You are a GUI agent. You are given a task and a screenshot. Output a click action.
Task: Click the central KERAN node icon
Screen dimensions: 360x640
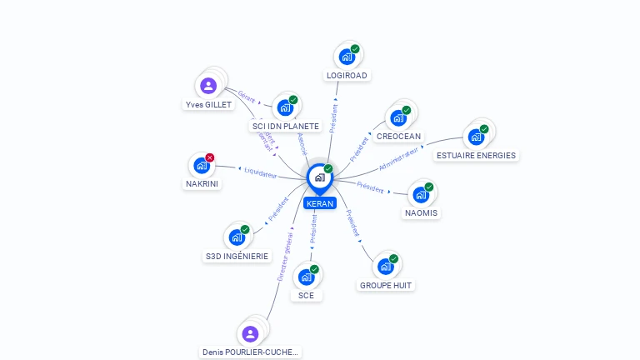coord(319,177)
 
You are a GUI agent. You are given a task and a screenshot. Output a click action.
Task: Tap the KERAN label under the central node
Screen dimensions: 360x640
coord(319,203)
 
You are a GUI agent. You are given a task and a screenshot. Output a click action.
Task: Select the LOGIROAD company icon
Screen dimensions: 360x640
coord(346,57)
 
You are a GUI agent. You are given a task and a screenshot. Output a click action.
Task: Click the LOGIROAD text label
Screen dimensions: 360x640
coord(347,75)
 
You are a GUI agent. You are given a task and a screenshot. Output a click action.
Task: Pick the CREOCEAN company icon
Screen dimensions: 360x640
coord(397,117)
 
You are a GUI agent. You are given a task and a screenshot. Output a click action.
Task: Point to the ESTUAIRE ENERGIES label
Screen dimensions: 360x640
coord(476,155)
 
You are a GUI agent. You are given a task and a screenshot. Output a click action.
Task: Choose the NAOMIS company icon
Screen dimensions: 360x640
coord(420,194)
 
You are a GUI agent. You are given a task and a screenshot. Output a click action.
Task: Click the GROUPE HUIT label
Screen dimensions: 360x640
coord(386,285)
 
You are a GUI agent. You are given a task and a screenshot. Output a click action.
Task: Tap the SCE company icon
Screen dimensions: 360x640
coord(306,277)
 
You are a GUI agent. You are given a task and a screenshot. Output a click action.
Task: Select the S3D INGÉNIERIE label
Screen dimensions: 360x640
coord(237,256)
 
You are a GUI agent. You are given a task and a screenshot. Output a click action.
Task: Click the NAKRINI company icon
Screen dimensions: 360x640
coord(202,165)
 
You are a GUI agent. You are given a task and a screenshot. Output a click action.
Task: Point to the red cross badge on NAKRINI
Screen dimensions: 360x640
coord(210,157)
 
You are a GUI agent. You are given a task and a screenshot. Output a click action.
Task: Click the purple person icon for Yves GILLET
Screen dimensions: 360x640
coord(208,85)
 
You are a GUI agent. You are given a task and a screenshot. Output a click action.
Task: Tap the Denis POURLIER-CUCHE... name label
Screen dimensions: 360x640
coord(250,352)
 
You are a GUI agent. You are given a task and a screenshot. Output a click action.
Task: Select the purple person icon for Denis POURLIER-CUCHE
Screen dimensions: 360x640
coord(250,333)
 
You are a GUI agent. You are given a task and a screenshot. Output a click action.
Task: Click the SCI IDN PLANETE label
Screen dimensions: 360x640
coord(286,126)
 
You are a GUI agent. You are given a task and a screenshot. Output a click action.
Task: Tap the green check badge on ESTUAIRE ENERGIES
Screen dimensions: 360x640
coord(484,129)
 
